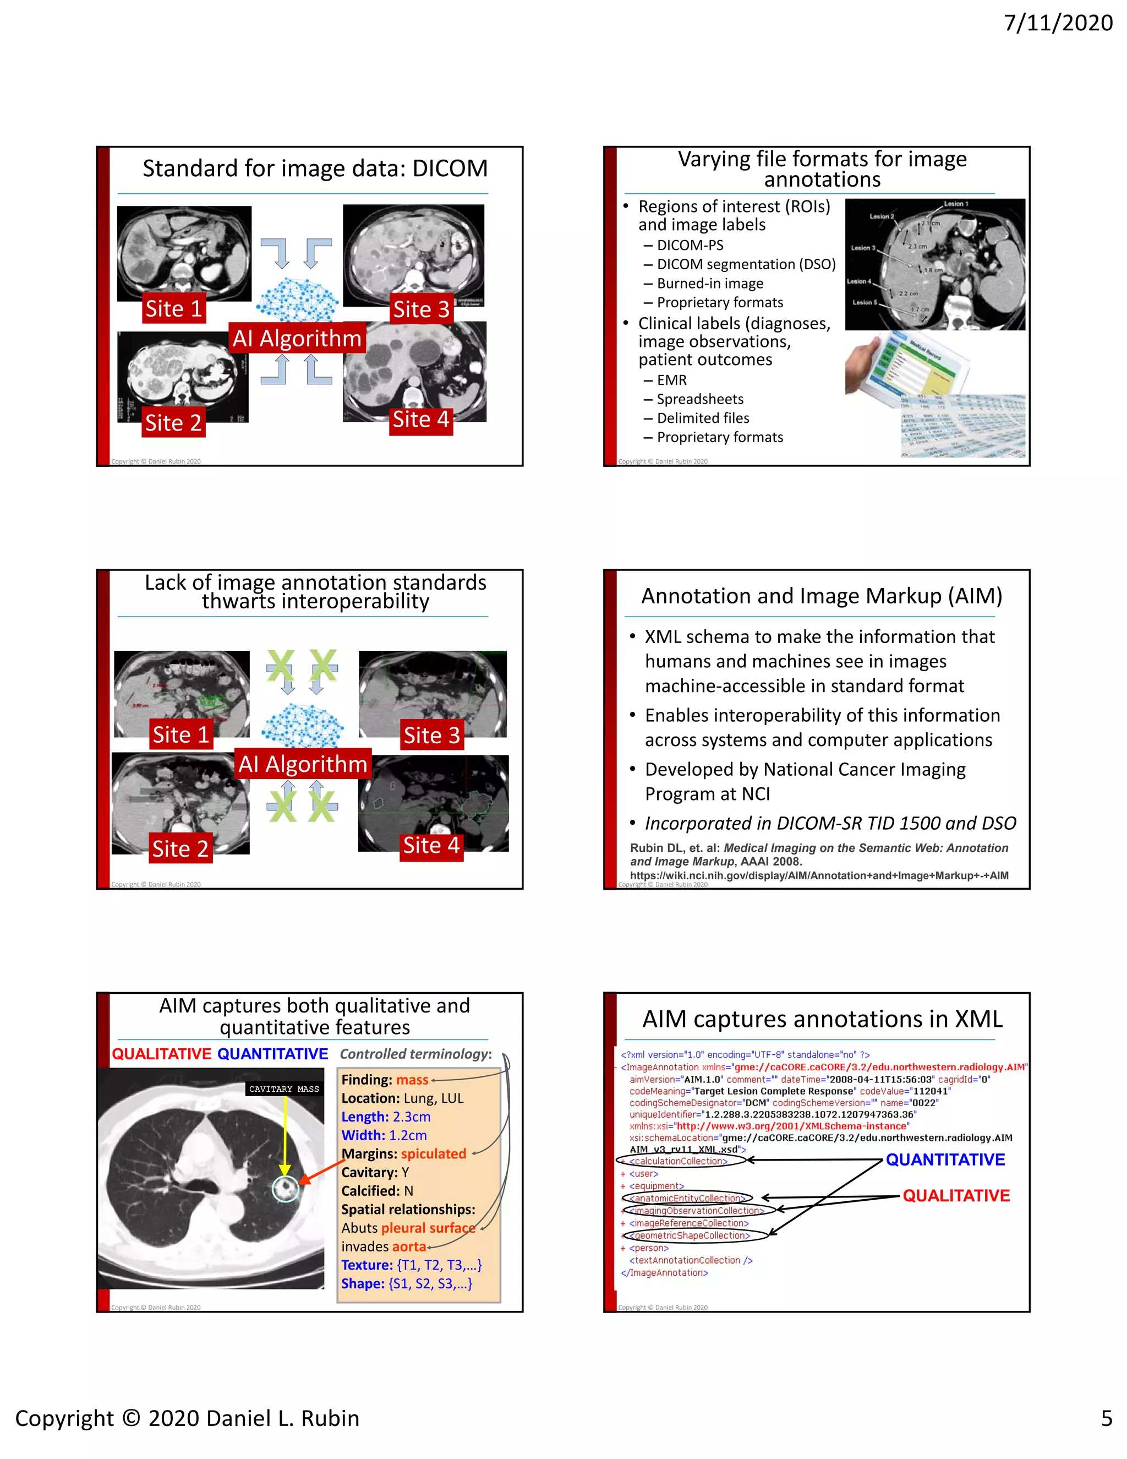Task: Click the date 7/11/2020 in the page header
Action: (x=1058, y=23)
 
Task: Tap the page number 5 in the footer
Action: (x=1106, y=1418)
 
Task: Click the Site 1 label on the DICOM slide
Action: (x=173, y=309)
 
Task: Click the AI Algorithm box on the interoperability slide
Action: (x=303, y=764)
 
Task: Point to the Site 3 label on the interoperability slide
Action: (x=431, y=735)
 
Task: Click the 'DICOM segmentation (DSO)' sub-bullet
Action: (x=746, y=264)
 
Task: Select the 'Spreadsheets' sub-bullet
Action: (x=700, y=399)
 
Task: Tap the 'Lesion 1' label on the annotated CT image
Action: (x=955, y=204)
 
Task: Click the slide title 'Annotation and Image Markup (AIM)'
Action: (x=821, y=595)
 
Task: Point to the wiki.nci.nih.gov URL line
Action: (x=818, y=875)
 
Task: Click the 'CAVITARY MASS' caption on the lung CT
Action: (x=284, y=1089)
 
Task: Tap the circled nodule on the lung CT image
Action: (x=286, y=1189)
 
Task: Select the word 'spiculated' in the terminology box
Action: (x=433, y=1153)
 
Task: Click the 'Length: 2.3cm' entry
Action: (x=386, y=1117)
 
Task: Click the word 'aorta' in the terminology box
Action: (x=409, y=1246)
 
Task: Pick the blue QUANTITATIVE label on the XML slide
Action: (x=945, y=1159)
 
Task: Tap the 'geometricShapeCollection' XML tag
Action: (x=692, y=1236)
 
